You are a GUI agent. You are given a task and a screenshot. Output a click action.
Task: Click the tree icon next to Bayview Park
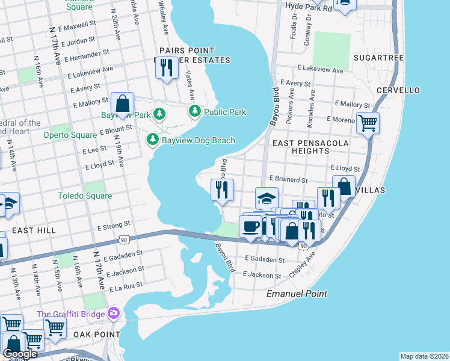(x=159, y=114)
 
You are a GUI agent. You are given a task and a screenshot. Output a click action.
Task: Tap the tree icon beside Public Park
(x=195, y=111)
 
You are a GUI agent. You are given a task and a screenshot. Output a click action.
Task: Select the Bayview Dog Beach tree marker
(x=153, y=140)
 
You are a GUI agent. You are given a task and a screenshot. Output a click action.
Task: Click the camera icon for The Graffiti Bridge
(x=113, y=313)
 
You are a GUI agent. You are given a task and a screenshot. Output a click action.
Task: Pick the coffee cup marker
(x=250, y=226)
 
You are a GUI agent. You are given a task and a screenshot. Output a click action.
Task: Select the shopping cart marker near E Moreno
(x=367, y=123)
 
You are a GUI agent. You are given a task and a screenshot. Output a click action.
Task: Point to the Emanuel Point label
(x=297, y=294)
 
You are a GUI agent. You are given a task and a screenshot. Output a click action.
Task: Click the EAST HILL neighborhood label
(x=34, y=230)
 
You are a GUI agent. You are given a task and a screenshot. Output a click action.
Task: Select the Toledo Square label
(x=85, y=196)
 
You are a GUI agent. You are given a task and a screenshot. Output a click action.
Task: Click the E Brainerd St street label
(x=288, y=179)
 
